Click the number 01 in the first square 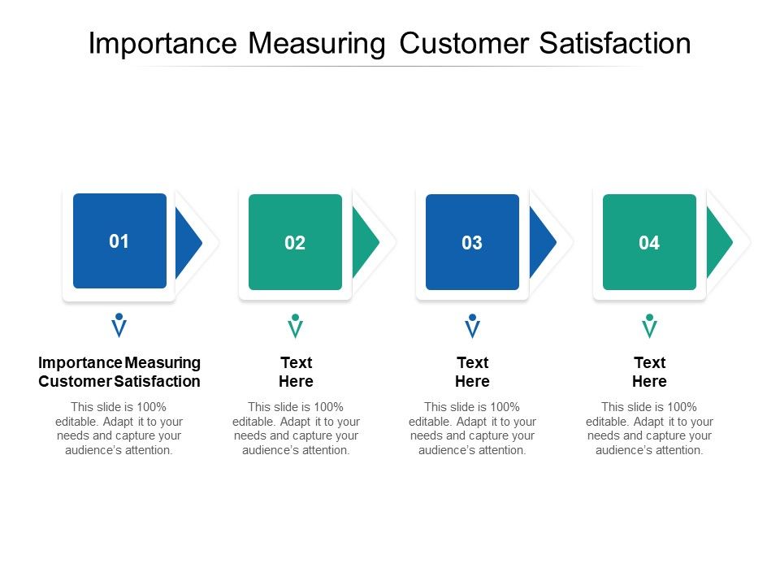pyautogui.click(x=119, y=241)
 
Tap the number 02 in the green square pyautogui.click(x=295, y=243)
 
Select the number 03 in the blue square pyautogui.click(x=472, y=243)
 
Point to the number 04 pyautogui.click(x=649, y=243)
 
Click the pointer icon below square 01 pyautogui.click(x=119, y=326)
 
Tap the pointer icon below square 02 pyautogui.click(x=296, y=327)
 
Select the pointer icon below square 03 pyautogui.click(x=472, y=327)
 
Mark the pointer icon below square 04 pyautogui.click(x=649, y=327)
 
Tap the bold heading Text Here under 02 pyautogui.click(x=296, y=372)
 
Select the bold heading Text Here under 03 pyautogui.click(x=472, y=372)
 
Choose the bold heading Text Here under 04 pyautogui.click(x=649, y=372)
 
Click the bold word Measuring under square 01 pyautogui.click(x=163, y=362)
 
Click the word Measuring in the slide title pyautogui.click(x=318, y=43)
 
